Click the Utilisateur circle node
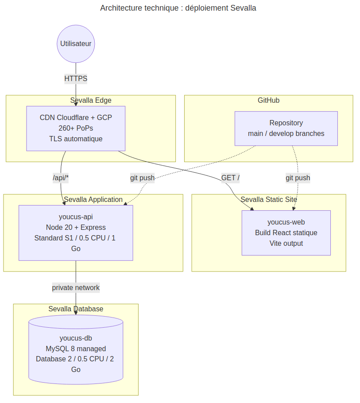coord(76,44)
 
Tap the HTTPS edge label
coord(76,79)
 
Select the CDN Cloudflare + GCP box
coord(76,128)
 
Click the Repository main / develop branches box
coord(286,128)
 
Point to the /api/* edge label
coord(61,178)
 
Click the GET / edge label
coord(231,178)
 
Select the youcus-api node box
coord(76,233)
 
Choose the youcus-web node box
coord(286,233)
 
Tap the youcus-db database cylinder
coord(76,349)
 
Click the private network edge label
coord(76,287)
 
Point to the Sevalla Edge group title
coord(91,100)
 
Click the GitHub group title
coord(268,100)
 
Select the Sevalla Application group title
coord(93,199)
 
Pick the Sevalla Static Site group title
coord(268,199)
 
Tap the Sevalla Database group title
coord(76,309)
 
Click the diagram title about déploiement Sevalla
coord(178,8)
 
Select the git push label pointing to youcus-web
coord(298,178)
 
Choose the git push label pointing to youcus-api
coord(142,178)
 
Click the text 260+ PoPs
coord(76,128)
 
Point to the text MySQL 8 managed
coord(76,349)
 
